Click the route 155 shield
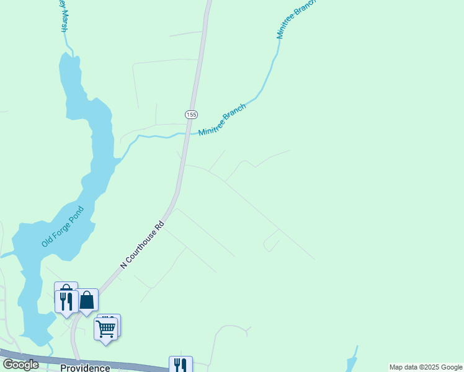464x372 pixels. click(191, 115)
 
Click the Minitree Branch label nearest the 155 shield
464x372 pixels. click(223, 119)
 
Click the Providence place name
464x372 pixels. click(85, 368)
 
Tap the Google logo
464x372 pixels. click(21, 365)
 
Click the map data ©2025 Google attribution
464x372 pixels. click(426, 367)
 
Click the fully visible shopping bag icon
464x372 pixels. click(87, 300)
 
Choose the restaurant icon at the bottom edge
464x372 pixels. click(181, 365)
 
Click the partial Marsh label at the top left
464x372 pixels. click(62, 19)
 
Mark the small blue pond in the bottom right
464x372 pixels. click(352, 363)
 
